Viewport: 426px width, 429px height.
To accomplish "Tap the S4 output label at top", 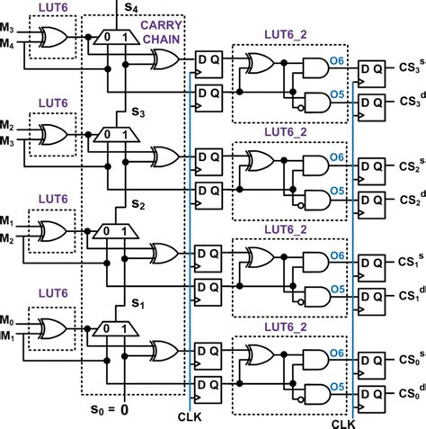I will tap(130, 8).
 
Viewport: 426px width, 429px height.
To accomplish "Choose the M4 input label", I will tap(11, 48).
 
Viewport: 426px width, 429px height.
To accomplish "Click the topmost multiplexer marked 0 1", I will tap(116, 38).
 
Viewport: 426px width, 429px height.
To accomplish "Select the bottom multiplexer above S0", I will tap(116, 326).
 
